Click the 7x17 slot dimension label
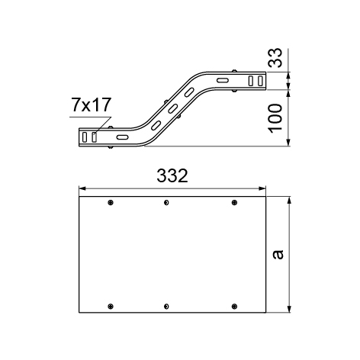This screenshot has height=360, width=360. tap(92, 105)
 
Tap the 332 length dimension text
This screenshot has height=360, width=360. tap(172, 175)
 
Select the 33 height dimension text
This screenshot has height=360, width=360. tap(275, 58)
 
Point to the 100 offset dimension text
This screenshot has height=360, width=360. tap(275, 118)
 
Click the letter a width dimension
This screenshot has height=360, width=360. tap(278, 255)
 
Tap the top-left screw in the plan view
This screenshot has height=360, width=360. tap(111, 203)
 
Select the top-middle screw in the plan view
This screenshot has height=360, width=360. tap(166, 203)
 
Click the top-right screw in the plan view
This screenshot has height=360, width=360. tap(234, 203)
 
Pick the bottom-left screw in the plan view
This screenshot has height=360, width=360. tap(111, 307)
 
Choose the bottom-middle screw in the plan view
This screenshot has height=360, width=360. tap(166, 307)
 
